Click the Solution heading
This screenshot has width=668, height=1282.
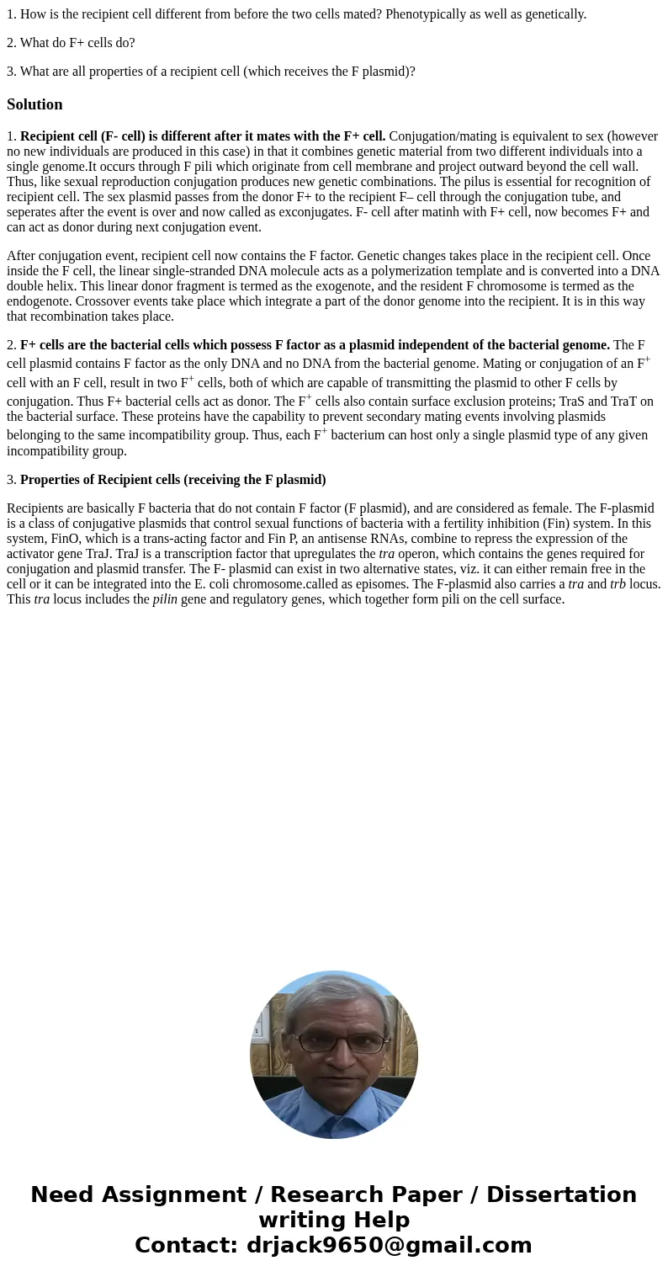point(34,104)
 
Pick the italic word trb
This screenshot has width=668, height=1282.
point(618,584)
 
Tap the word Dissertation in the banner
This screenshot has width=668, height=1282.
point(561,1195)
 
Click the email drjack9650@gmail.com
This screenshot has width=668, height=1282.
point(389,1246)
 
